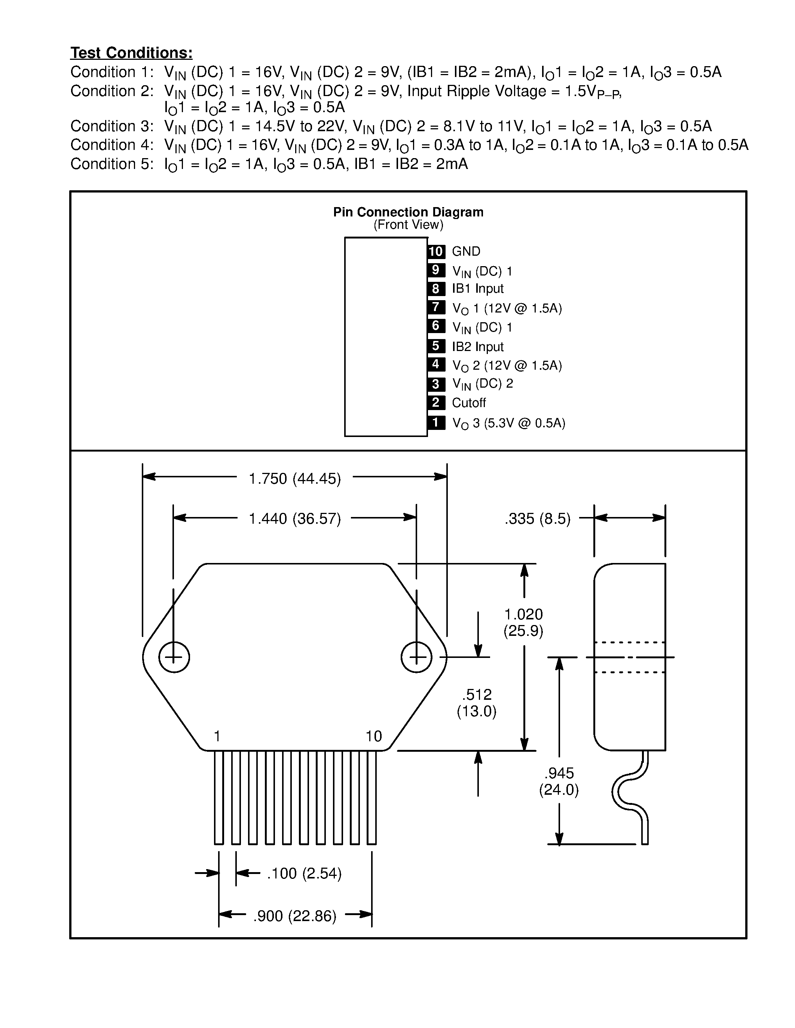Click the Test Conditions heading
click(x=131, y=53)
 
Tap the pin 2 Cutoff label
click(x=469, y=403)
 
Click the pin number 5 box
click(x=436, y=346)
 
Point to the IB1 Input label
click(x=478, y=289)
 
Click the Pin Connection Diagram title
click(x=408, y=212)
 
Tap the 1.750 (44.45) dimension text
click(x=295, y=479)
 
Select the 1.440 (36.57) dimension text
click(x=295, y=519)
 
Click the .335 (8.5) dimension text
click(x=537, y=519)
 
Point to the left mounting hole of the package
click(x=174, y=657)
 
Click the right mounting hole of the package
click(x=416, y=657)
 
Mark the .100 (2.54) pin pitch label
click(x=304, y=874)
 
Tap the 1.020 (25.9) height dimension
click(x=523, y=622)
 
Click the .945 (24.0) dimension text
click(x=559, y=781)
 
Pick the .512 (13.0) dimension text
click(x=477, y=703)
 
